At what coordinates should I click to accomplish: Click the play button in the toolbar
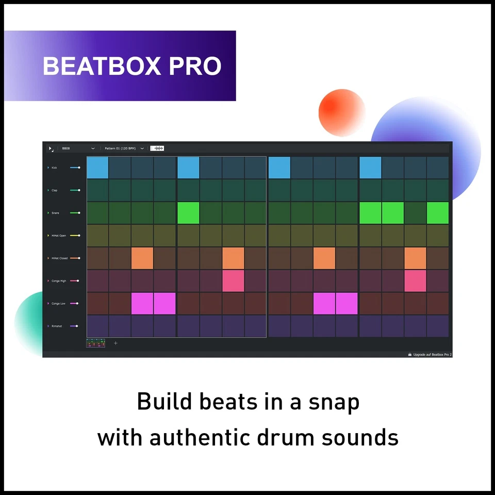pos(51,148)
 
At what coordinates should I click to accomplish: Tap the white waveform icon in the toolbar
pos(157,148)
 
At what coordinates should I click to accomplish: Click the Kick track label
pos(54,168)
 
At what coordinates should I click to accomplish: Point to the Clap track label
pos(54,190)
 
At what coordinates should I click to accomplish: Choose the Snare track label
pos(55,213)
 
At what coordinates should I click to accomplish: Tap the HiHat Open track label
pos(58,236)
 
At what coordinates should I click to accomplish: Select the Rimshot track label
pos(56,326)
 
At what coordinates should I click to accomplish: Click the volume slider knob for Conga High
pos(78,281)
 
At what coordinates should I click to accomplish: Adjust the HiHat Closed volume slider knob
pos(79,258)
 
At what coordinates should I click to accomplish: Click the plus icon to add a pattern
pos(115,343)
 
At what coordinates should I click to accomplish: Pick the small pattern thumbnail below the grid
pos(95,343)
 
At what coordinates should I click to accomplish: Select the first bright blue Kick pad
pos(97,168)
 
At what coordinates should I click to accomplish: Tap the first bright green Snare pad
pos(188,213)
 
